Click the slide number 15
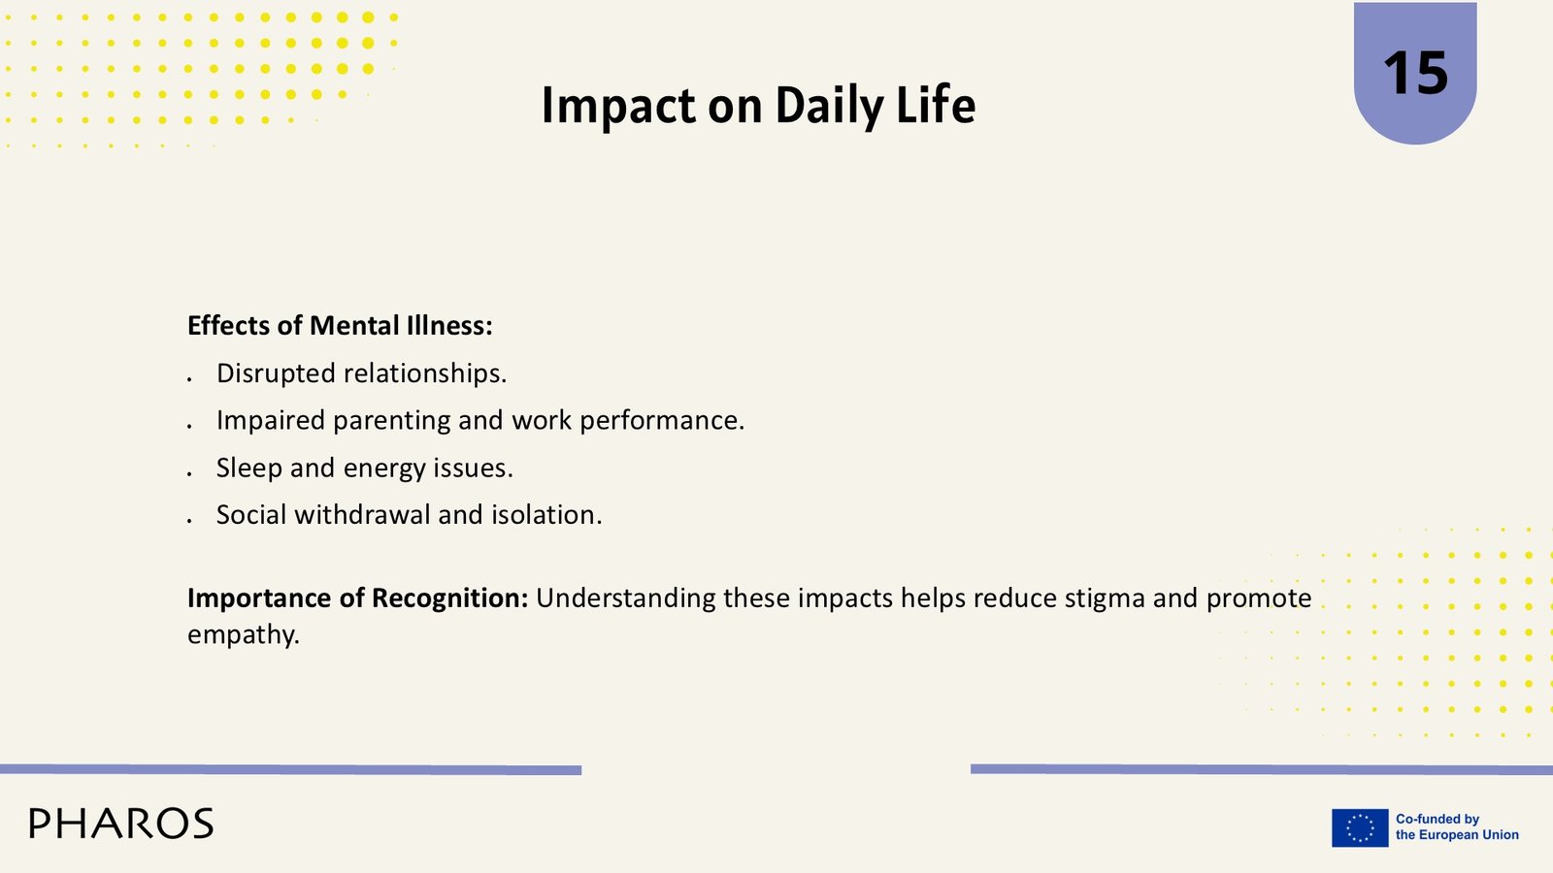click(1415, 73)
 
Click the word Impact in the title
click(618, 106)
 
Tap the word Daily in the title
click(829, 106)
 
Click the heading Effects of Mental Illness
click(340, 325)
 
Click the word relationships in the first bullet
click(426, 373)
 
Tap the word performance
click(662, 421)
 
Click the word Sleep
click(248, 468)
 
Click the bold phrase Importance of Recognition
click(358, 598)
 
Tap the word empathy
click(244, 635)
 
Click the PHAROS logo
click(121, 824)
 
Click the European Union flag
click(1360, 828)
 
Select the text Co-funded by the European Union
click(1457, 827)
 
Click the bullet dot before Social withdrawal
click(189, 520)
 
